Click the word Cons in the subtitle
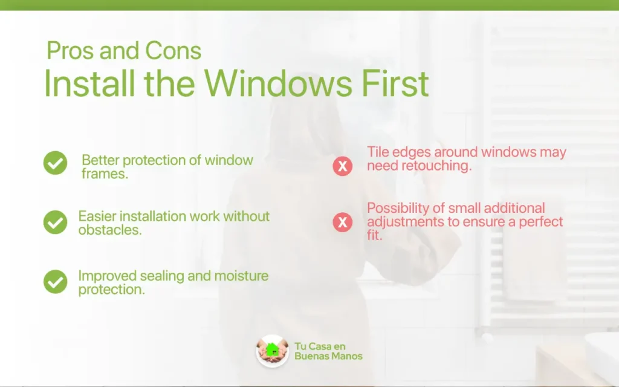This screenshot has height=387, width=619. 173,51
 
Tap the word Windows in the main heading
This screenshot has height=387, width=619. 278,83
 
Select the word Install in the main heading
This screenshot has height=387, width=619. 89,83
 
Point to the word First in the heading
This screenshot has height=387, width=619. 395,83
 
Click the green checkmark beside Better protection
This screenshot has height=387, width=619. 55,163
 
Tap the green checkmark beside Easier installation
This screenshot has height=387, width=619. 55,222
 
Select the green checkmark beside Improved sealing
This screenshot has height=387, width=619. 55,282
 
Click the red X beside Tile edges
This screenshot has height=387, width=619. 342,166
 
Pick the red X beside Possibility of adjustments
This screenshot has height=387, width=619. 342,222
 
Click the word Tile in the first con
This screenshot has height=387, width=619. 378,152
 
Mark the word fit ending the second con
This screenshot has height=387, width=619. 374,235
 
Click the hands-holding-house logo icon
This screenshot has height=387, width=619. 273,351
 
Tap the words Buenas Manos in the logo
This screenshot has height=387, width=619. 328,356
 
